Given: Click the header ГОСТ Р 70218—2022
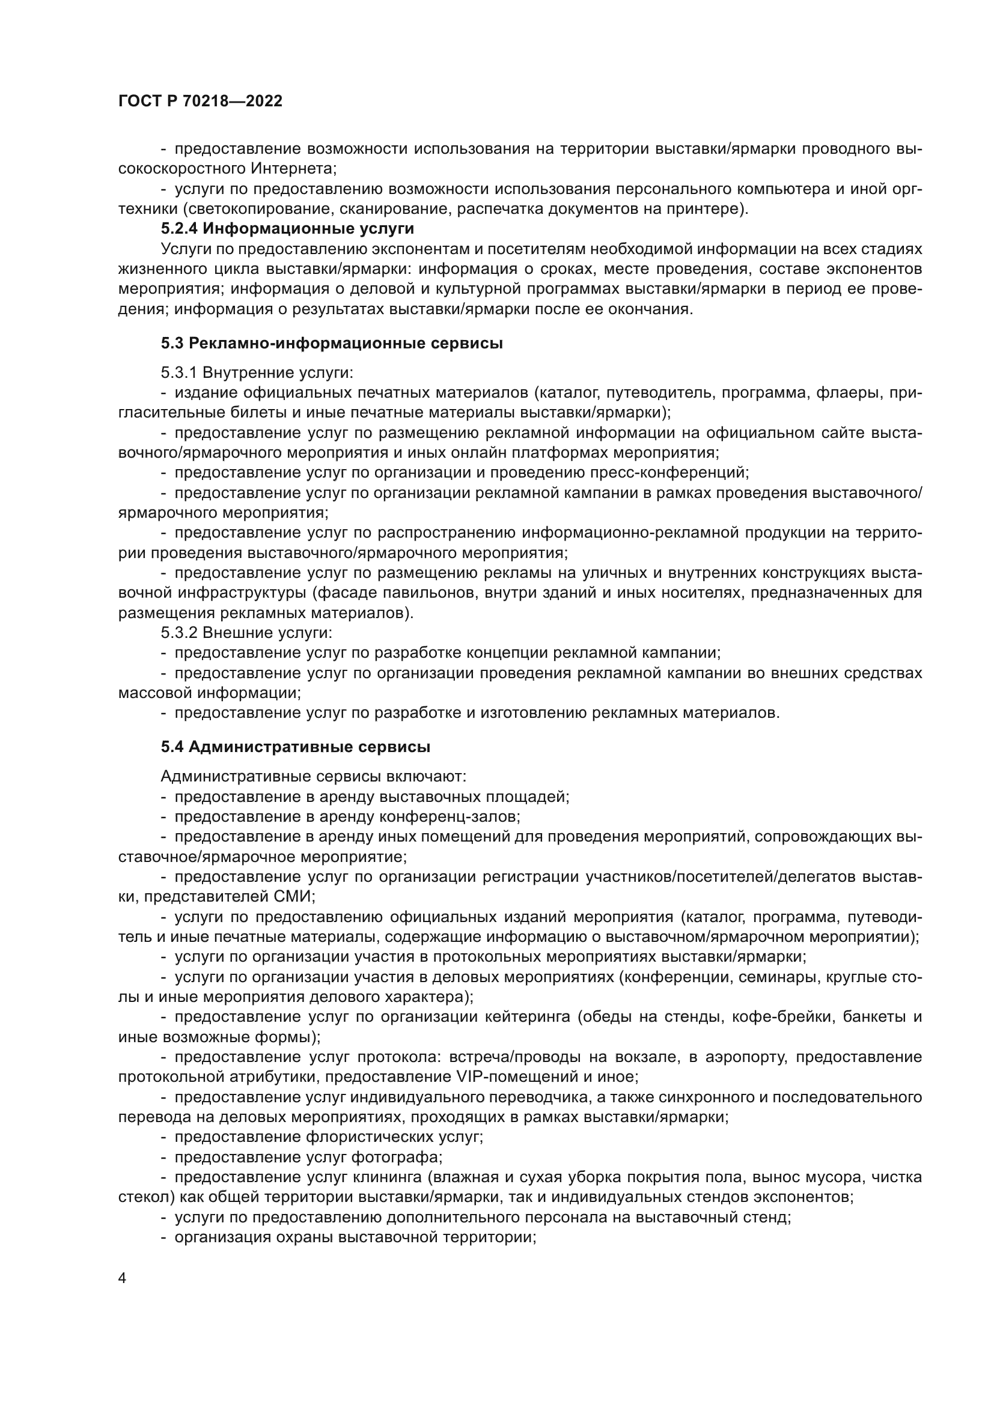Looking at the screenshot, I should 200,102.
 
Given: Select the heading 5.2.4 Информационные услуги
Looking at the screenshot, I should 288,229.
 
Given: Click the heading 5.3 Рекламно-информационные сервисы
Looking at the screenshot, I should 332,344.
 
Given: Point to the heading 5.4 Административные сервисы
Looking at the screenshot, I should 296,747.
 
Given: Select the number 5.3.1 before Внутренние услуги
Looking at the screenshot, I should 178,372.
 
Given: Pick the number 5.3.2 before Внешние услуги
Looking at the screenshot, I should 178,632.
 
